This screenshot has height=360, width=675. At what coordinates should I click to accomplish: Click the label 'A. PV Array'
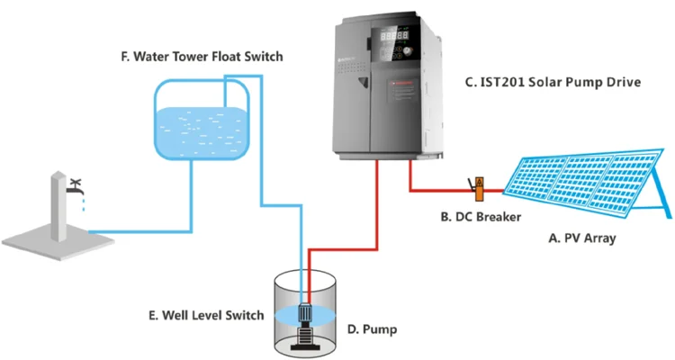coord(583,238)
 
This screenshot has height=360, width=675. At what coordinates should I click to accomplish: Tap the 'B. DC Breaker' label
coord(480,217)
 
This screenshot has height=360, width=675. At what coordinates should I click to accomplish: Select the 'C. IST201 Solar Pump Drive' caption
coord(552,82)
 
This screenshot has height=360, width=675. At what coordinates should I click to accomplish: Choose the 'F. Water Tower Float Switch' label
coord(202,57)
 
